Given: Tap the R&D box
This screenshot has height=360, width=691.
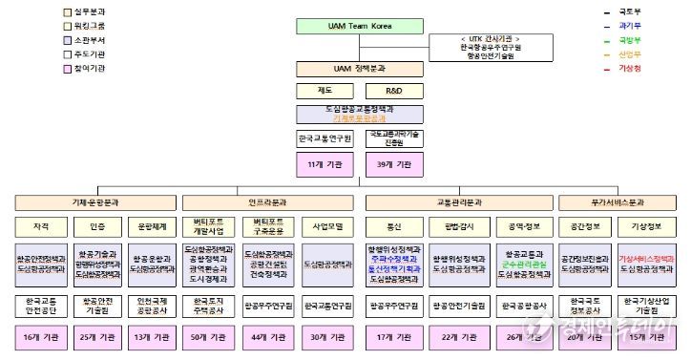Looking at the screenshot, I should click(393, 92).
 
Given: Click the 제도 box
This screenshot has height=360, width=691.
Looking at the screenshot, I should click(325, 92).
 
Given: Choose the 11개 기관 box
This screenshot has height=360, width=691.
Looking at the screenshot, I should click(325, 165).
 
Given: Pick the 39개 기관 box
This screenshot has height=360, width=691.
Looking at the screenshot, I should click(393, 165).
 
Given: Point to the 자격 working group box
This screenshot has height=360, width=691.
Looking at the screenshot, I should click(41, 227).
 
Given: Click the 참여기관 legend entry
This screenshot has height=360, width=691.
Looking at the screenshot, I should click(85, 68).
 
